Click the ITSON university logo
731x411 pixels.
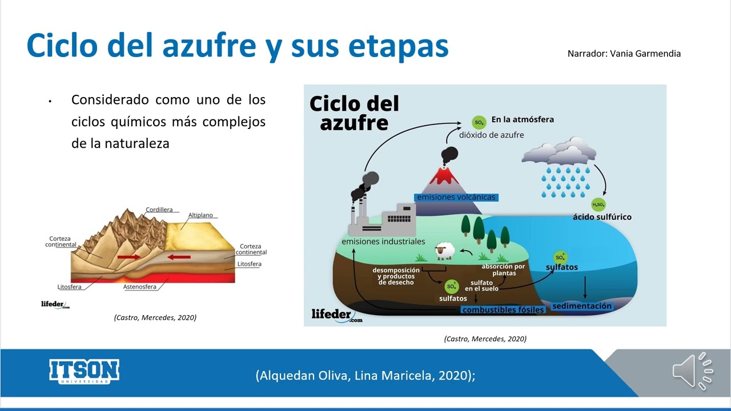click(84, 372)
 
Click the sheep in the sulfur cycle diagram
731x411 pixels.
click(444, 251)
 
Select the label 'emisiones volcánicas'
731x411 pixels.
click(456, 198)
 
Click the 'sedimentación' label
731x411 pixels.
click(582, 306)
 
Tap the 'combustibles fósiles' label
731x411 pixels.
click(503, 310)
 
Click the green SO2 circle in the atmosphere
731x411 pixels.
click(479, 122)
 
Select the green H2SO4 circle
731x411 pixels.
click(599, 204)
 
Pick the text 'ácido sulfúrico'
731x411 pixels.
click(602, 217)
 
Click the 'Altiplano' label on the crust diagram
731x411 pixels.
click(200, 215)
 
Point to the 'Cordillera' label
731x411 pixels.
click(159, 209)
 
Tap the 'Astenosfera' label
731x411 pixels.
click(139, 287)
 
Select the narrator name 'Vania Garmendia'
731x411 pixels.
click(645, 54)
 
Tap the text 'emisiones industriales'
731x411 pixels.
click(383, 241)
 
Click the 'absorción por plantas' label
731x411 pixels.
click(503, 269)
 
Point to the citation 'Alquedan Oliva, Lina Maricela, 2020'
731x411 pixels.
click(365, 375)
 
